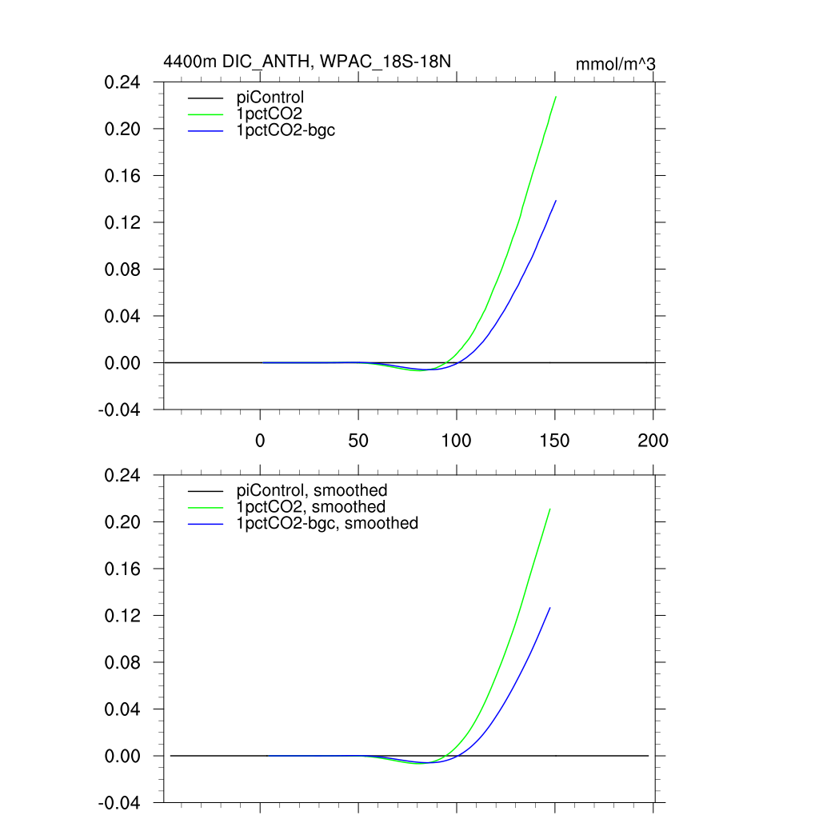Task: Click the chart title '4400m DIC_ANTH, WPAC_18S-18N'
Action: coord(312,62)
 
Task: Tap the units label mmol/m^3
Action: coord(616,64)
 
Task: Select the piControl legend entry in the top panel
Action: coord(270,98)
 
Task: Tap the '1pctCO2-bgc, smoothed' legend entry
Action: coord(327,523)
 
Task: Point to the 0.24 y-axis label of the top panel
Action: coord(122,82)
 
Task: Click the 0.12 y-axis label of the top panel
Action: coord(122,222)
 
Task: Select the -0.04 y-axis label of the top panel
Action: coord(121,409)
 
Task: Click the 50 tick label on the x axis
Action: coord(358,441)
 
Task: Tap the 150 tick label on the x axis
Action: coord(555,441)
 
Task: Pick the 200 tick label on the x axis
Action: coord(653,441)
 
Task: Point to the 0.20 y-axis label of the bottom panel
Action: coord(122,522)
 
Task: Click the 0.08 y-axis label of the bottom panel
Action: coord(122,663)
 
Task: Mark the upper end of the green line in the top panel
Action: coord(556,97)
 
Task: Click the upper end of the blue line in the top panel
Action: coord(556,201)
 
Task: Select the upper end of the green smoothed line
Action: coord(550,509)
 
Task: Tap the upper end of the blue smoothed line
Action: coord(550,608)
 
